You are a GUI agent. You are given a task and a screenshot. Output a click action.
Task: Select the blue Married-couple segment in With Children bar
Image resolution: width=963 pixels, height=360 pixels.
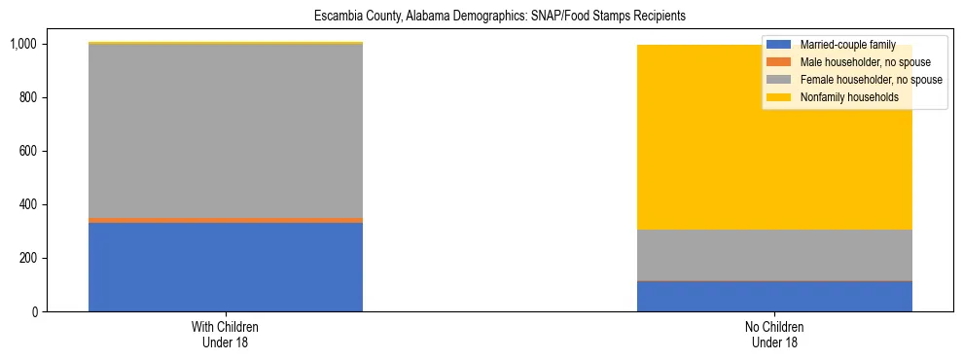click(x=226, y=267)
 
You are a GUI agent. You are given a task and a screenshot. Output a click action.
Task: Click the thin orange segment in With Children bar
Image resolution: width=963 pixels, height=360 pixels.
click(x=226, y=220)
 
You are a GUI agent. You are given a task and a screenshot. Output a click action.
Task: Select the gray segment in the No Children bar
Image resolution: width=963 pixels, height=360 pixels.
click(x=774, y=255)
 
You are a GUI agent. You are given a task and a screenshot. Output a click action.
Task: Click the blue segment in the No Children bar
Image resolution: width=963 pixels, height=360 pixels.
click(x=774, y=296)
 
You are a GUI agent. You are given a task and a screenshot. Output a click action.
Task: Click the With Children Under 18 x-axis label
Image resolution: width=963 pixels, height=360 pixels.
click(x=226, y=335)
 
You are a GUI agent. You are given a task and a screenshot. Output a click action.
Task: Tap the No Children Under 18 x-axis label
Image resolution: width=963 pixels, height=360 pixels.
click(x=774, y=335)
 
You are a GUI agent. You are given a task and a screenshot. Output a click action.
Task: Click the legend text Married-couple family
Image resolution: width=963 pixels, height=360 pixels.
click(x=847, y=45)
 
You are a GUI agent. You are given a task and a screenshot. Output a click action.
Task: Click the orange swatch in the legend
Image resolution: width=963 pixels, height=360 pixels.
click(x=779, y=62)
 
